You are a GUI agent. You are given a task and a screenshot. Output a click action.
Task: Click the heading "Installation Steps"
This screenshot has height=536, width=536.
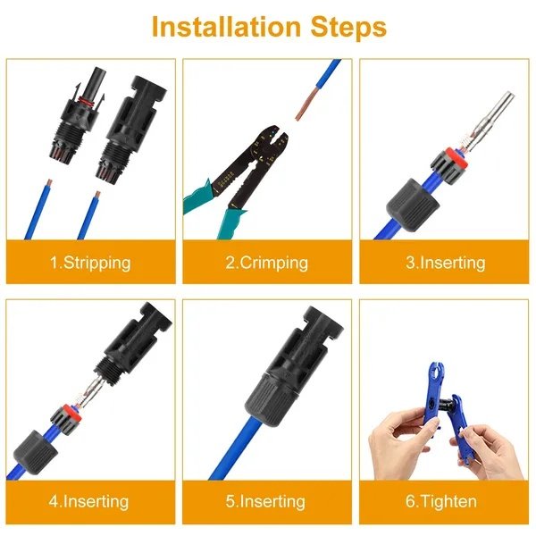point(269,26)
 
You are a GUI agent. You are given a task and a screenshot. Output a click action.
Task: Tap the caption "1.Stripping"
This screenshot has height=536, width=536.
point(89,263)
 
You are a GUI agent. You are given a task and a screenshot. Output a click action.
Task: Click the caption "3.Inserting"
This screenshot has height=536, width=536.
point(444,263)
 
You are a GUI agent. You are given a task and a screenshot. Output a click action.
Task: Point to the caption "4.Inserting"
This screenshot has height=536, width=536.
point(89,501)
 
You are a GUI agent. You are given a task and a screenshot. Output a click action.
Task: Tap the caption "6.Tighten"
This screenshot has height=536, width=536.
point(444,501)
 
